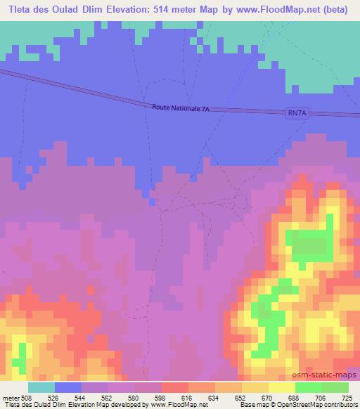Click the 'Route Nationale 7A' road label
coord(181,107)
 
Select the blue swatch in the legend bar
coord(67,388)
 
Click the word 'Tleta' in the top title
coord(22,9)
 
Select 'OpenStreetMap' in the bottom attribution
coord(304,404)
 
